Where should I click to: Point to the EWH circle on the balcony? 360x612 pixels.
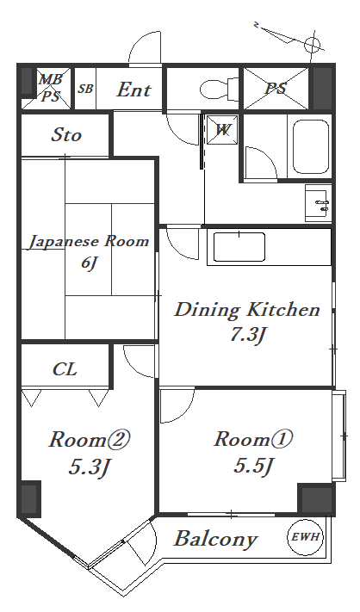[305, 537]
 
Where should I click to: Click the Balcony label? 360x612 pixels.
[215, 540]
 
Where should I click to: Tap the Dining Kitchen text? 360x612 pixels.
[247, 310]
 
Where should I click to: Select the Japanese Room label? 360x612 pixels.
[88, 241]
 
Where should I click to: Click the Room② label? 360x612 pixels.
[88, 440]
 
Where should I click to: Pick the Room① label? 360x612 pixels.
[254, 440]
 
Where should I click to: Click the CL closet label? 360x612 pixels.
[65, 369]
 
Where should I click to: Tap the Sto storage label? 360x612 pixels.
[66, 135]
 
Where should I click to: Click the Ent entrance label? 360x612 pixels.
[133, 89]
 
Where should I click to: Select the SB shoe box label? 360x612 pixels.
[85, 89]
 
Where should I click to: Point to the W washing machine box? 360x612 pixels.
[222, 130]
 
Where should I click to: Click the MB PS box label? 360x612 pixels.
[49, 88]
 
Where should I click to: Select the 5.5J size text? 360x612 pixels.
[254, 467]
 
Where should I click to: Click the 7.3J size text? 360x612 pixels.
[247, 336]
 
